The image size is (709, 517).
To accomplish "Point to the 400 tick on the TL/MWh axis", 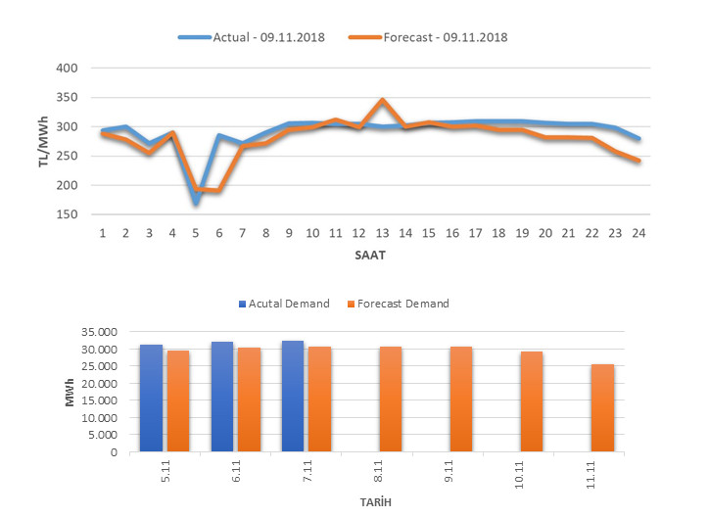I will point(65,69).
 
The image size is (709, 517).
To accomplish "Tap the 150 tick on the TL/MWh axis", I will point(65,214).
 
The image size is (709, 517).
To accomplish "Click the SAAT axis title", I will point(371,255).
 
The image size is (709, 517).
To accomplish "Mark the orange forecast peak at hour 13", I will point(382,101).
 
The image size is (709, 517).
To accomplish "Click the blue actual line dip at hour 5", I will point(196,202).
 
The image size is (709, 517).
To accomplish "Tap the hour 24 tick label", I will point(638,234).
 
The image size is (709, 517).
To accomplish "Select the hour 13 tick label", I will point(382,234).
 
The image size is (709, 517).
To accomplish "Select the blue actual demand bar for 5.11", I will point(151,399).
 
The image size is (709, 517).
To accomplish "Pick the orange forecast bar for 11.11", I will point(602,408).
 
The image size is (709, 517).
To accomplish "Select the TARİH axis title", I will point(376,502).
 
